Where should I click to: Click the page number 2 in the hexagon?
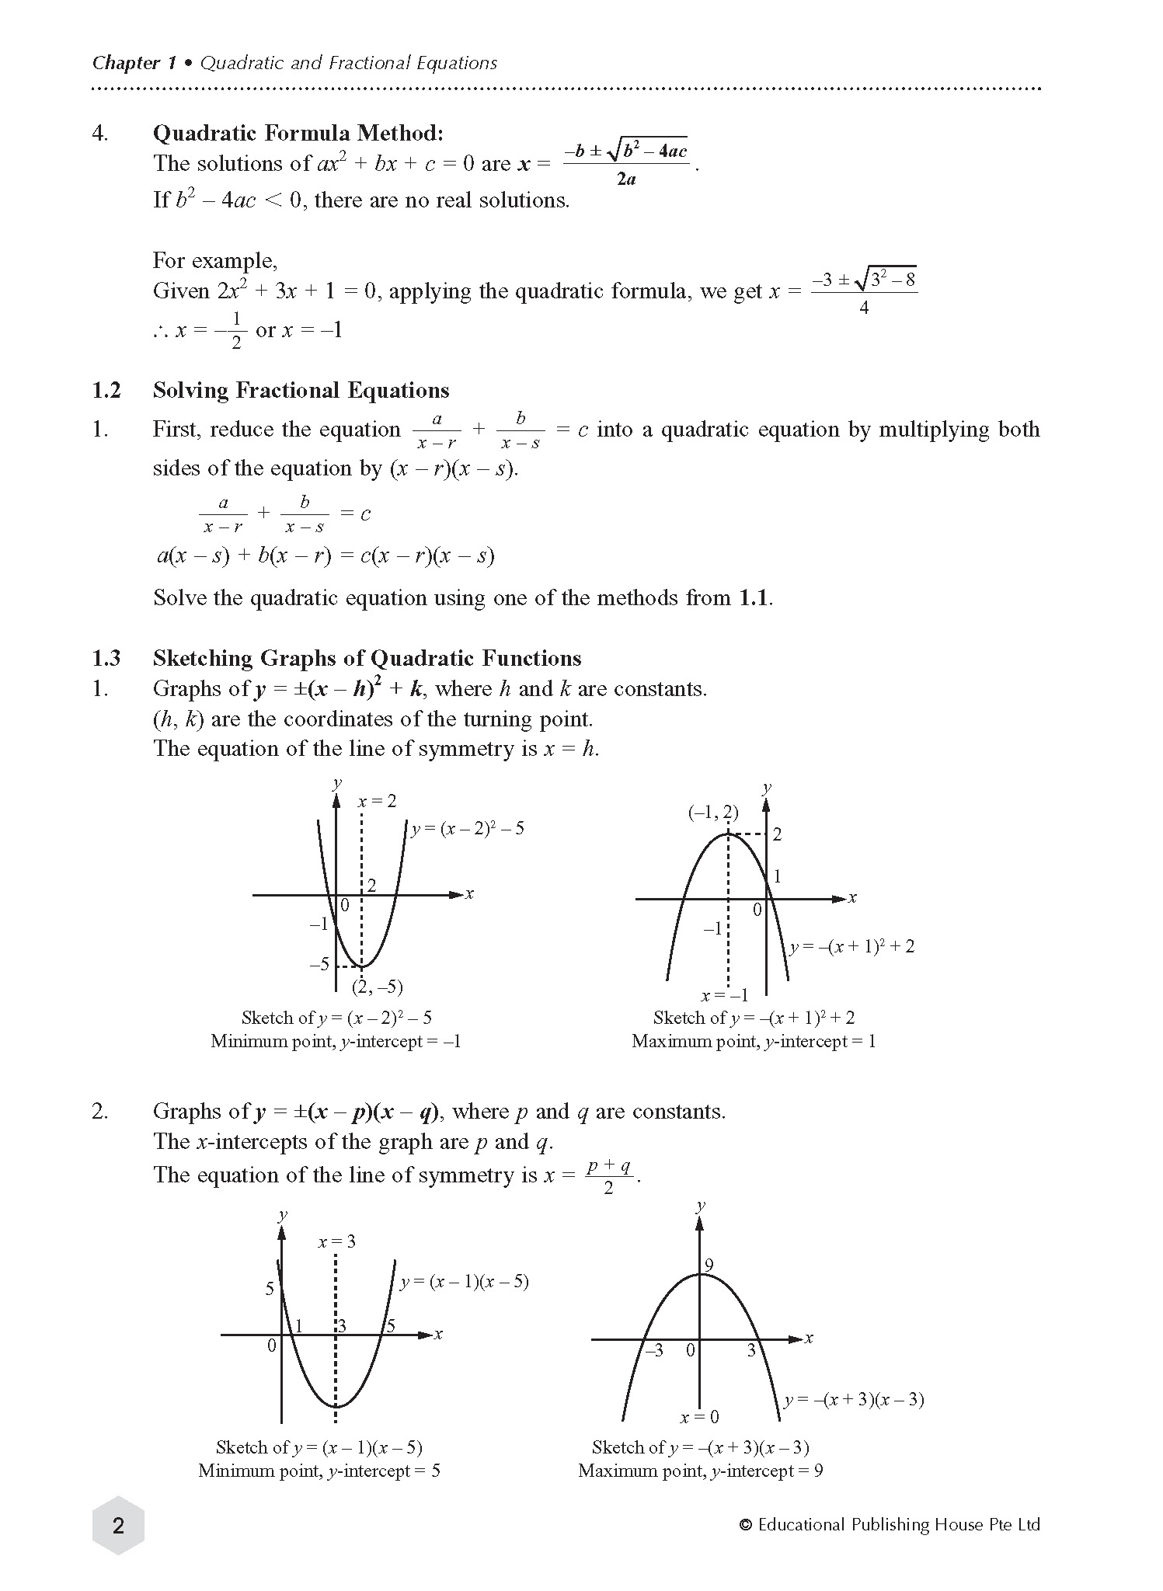(x=118, y=1526)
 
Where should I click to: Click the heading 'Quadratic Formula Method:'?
(x=298, y=134)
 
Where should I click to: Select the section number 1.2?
(x=106, y=390)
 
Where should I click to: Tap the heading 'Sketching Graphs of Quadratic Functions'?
(x=367, y=658)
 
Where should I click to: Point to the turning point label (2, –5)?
(x=378, y=987)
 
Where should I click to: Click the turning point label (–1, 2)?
(x=713, y=813)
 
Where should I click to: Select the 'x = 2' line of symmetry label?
(x=377, y=801)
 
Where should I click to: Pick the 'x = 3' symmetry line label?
(x=336, y=1241)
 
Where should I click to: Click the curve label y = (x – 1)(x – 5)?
(x=465, y=1282)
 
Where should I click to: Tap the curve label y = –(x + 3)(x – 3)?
(x=854, y=1400)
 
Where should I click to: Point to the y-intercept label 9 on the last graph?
(x=709, y=1267)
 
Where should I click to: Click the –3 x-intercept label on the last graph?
(x=654, y=1351)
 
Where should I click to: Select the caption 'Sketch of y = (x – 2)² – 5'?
(x=336, y=1018)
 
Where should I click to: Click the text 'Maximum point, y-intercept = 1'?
(x=754, y=1042)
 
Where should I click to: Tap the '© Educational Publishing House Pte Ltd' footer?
(x=890, y=1525)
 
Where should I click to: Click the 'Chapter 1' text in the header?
(x=134, y=63)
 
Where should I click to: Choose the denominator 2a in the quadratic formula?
(x=626, y=179)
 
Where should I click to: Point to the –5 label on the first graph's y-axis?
(x=319, y=965)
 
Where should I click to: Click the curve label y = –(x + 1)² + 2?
(x=852, y=946)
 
